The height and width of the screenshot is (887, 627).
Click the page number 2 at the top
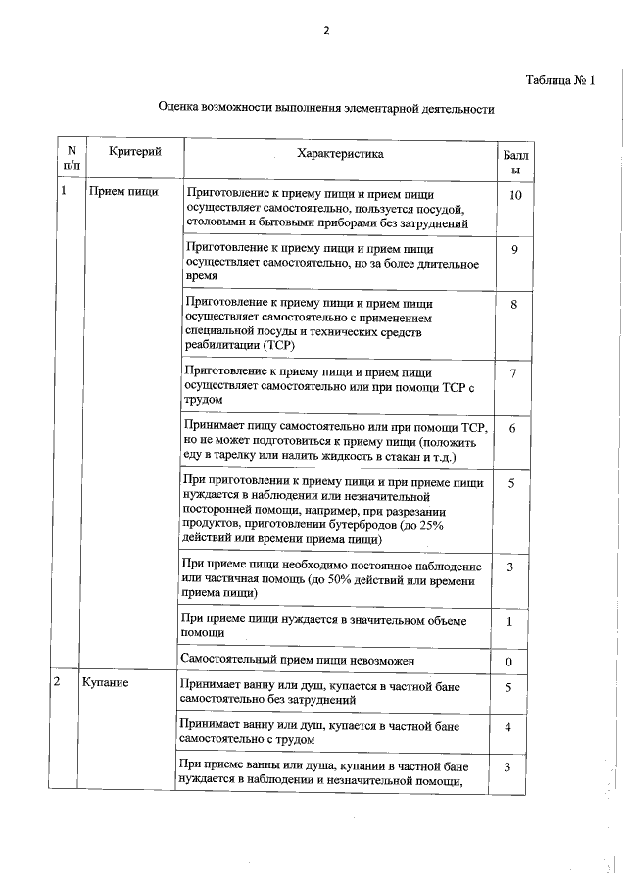pyautogui.click(x=326, y=30)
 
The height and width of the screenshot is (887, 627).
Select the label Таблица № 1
pyautogui.click(x=560, y=81)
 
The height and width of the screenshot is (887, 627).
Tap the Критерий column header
pyautogui.click(x=134, y=151)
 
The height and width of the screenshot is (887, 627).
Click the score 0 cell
pyautogui.click(x=509, y=662)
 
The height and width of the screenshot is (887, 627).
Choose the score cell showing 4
pyautogui.click(x=508, y=728)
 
